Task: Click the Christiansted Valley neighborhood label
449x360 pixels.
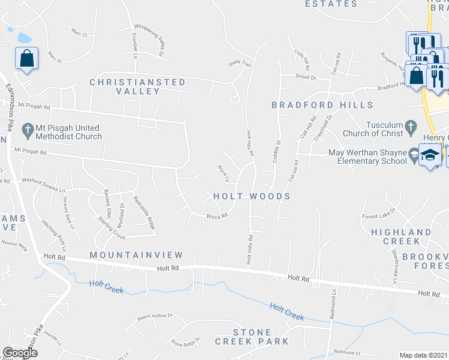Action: [x=137, y=86]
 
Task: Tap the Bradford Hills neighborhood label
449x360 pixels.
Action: [x=322, y=105]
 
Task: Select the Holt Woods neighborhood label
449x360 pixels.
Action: [x=252, y=196]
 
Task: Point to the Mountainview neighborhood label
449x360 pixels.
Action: [x=127, y=255]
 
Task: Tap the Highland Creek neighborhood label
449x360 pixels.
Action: [x=401, y=236]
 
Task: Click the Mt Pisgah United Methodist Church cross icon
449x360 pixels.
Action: [x=28, y=129]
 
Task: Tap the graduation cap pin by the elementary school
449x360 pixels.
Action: [x=430, y=155]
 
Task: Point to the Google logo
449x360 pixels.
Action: [x=19, y=353]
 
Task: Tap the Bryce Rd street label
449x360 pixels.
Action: [x=217, y=216]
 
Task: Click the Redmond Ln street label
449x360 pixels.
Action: [x=334, y=305]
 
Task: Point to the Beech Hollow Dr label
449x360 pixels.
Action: [x=155, y=316]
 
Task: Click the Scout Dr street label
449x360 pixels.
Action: [x=306, y=76]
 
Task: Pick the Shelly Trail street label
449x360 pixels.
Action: [x=239, y=62]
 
